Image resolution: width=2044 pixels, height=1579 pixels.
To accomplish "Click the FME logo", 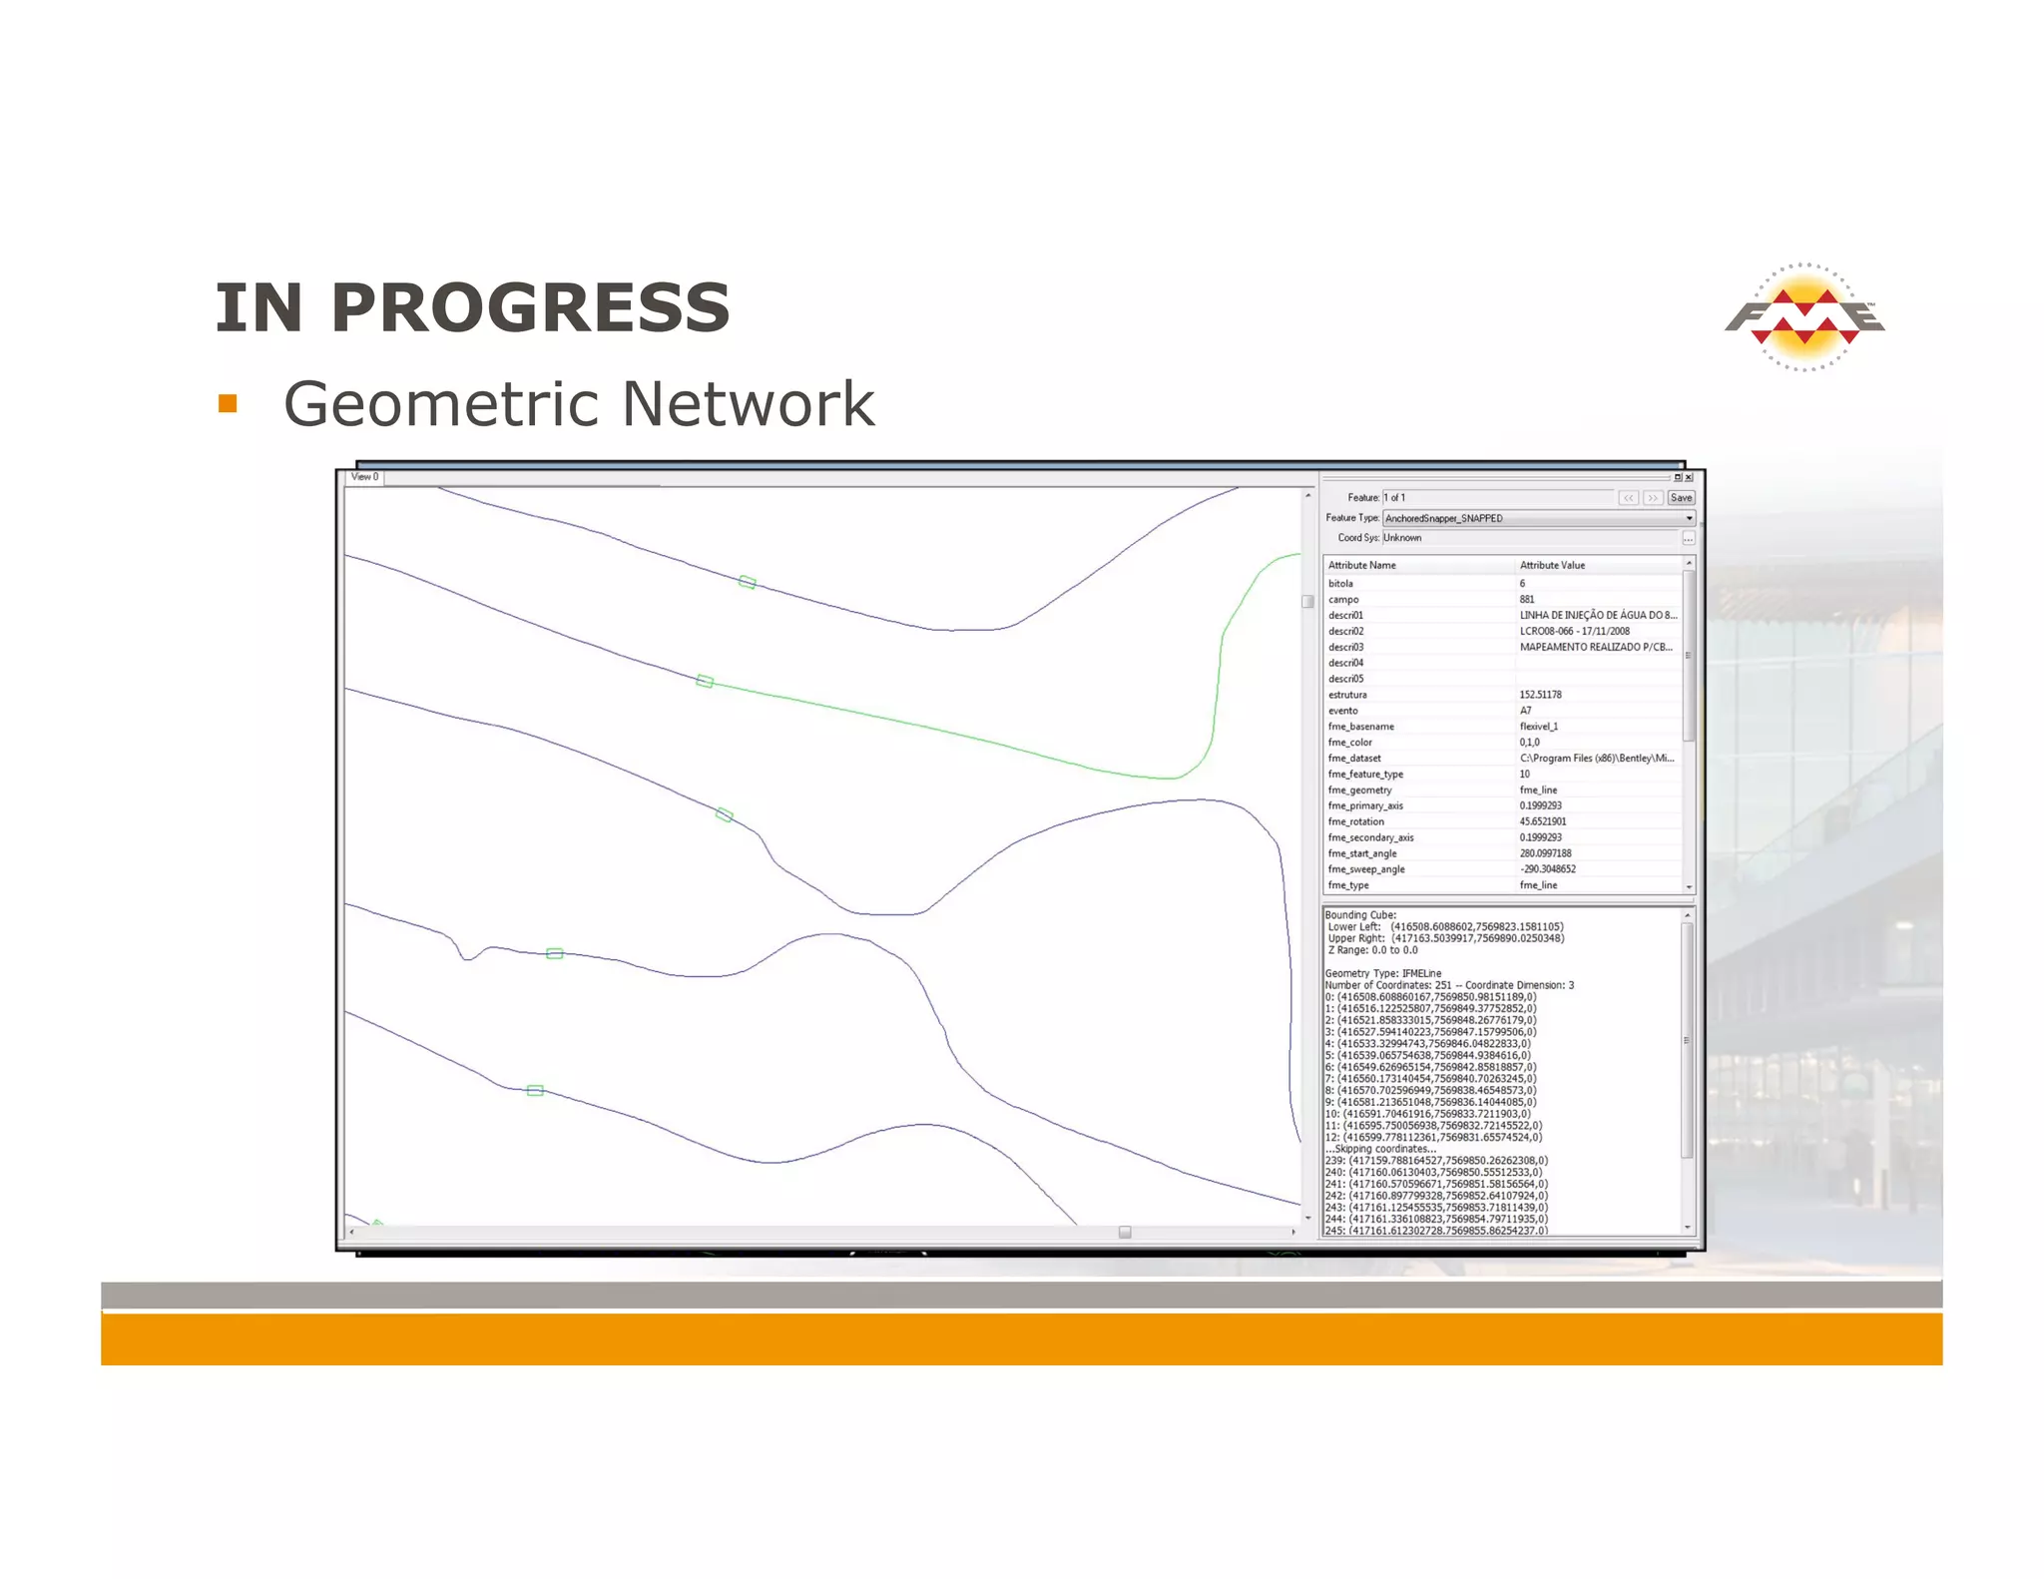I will [x=1804, y=317].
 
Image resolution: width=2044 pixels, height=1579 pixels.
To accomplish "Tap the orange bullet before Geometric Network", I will [x=228, y=403].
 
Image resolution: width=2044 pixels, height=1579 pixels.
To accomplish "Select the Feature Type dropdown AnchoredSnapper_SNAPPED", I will [x=1537, y=518].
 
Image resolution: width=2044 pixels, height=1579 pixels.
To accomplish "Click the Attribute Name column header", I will [x=1361, y=565].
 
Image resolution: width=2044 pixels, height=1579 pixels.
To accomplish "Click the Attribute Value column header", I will [x=1552, y=565].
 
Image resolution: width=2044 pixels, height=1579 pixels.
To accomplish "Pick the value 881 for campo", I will [x=1527, y=599].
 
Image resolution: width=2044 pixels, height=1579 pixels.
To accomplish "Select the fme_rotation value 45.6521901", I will [x=1543, y=821].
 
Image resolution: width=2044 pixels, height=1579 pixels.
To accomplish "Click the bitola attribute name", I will [x=1340, y=583].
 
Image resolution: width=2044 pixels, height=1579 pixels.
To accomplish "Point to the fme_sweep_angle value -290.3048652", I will [x=1548, y=869].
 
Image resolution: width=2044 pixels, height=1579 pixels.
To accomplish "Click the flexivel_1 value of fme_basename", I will [x=1538, y=727].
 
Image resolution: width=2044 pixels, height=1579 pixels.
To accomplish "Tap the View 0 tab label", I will [x=364, y=477].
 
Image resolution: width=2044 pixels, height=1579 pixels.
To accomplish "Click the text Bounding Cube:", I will [x=1360, y=914].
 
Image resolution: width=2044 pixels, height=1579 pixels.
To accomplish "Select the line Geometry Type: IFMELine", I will [x=1383, y=973].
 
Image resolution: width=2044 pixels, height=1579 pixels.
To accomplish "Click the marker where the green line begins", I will [x=705, y=681].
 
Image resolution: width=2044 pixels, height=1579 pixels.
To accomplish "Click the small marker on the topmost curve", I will [x=748, y=582].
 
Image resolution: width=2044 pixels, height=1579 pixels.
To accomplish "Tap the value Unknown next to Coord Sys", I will [x=1402, y=538].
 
